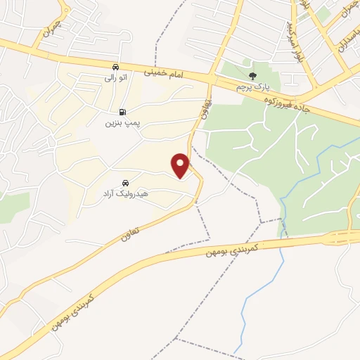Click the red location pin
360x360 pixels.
click(x=181, y=165)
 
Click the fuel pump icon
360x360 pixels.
click(x=123, y=112)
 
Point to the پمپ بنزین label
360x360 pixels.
click(x=123, y=122)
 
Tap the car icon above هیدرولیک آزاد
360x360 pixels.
click(x=125, y=181)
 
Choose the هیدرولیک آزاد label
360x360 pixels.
click(x=124, y=191)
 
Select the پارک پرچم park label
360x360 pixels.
click(x=254, y=86)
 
